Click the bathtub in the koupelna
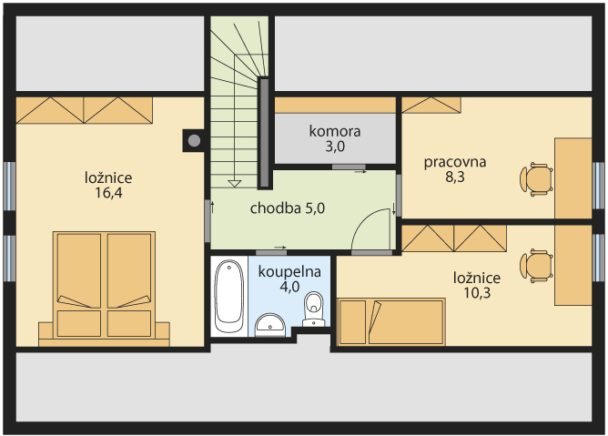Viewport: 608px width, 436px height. pyautogui.click(x=228, y=296)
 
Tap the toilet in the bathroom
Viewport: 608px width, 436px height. pyautogui.click(x=313, y=309)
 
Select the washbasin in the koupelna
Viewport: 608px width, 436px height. pyautogui.click(x=270, y=325)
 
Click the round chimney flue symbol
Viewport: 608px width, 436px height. pyautogui.click(x=194, y=140)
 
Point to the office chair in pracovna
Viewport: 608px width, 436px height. pyautogui.click(x=536, y=179)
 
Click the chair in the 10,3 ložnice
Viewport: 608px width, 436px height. pyautogui.click(x=536, y=266)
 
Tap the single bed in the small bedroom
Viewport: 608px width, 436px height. pyautogui.click(x=391, y=321)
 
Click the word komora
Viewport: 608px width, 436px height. pyautogui.click(x=335, y=131)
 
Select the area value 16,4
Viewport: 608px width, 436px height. pyautogui.click(x=108, y=192)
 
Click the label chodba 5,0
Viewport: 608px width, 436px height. pyautogui.click(x=288, y=208)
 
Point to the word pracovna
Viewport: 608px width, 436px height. pyautogui.click(x=455, y=162)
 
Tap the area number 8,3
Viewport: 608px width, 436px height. pyautogui.click(x=455, y=177)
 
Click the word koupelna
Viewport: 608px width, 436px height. pyautogui.click(x=289, y=271)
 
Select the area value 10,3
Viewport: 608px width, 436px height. pyautogui.click(x=477, y=293)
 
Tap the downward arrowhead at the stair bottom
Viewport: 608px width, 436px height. pyautogui.click(x=234, y=184)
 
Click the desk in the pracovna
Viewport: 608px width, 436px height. pyautogui.click(x=573, y=178)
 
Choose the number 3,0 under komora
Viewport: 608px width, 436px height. pyautogui.click(x=335, y=147)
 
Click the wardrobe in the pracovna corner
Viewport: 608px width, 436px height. pyautogui.click(x=431, y=105)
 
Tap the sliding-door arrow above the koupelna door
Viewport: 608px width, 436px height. pyautogui.click(x=280, y=247)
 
